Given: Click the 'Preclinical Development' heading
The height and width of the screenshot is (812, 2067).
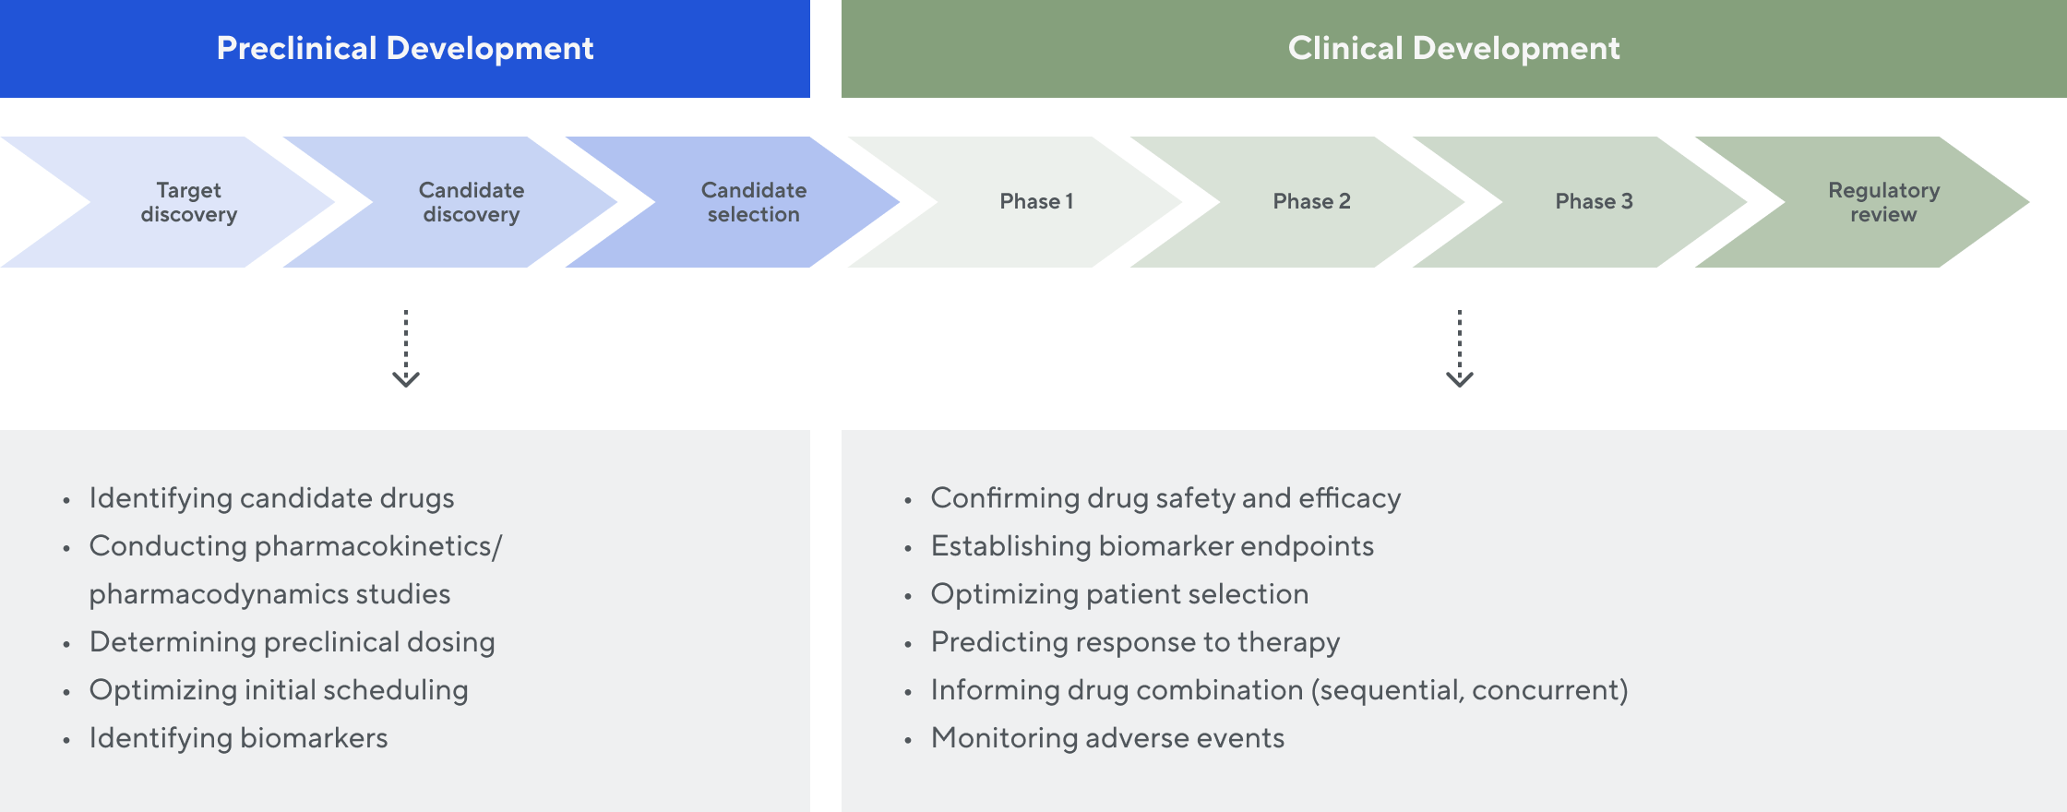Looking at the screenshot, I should tap(404, 48).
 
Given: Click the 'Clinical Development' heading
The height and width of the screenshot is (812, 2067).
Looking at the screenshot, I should tap(1453, 48).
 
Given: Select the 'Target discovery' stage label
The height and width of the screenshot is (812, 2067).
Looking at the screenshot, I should tap(189, 202).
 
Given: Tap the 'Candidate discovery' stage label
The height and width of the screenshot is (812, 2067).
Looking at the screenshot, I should tap(472, 202).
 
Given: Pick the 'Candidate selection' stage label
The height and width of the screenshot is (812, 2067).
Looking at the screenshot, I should tap(754, 202).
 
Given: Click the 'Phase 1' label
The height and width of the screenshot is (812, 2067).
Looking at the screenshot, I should tap(1036, 201).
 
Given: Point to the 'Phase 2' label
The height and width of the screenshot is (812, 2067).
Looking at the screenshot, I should tap(1311, 201).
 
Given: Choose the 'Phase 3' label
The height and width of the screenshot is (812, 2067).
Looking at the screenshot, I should tap(1594, 201).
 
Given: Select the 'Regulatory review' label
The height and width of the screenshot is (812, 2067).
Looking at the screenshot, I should tap(1883, 202).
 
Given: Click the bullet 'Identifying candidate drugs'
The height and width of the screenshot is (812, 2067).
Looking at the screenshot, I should tap(271, 498).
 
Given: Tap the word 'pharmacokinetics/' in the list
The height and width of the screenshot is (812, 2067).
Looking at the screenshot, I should tap(378, 546).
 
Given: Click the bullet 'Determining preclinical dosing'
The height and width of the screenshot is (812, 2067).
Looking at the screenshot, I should tap(292, 642).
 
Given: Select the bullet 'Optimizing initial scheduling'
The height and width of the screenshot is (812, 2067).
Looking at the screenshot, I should tap(279, 690).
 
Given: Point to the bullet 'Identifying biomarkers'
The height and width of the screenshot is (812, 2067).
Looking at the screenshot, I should tap(238, 738).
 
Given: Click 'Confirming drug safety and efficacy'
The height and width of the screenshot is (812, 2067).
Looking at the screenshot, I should tap(1165, 498).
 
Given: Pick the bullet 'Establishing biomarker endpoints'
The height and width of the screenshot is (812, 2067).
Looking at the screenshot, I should tap(1152, 546).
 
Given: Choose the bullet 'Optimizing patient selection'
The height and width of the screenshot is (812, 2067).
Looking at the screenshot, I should tap(1119, 594).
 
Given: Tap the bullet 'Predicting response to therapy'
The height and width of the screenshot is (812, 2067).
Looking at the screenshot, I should tap(1135, 642).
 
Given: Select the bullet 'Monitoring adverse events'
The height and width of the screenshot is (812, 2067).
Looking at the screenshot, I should tap(1107, 738).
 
